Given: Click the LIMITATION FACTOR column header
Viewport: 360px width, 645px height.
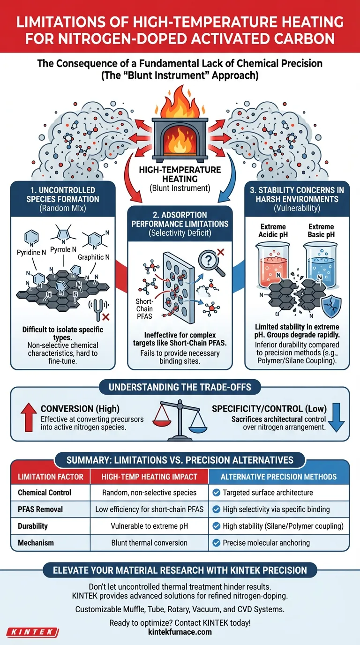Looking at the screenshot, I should [x=50, y=477].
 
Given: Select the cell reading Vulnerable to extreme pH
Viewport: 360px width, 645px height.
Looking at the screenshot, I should [x=149, y=526].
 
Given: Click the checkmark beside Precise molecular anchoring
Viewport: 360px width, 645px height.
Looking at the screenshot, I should [x=216, y=543].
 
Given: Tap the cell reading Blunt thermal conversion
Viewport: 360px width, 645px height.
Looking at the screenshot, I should [x=149, y=543].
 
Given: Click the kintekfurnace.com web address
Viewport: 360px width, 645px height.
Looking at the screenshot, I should [x=180, y=632].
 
